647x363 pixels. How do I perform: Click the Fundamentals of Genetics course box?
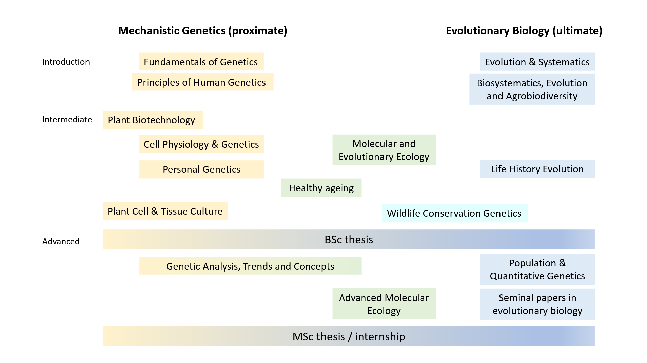click(x=201, y=61)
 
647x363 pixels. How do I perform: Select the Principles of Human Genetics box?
click(x=202, y=82)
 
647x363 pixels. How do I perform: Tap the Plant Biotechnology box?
click(x=153, y=120)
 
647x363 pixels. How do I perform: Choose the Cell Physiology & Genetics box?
click(x=201, y=144)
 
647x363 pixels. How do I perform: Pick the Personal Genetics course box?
click(x=201, y=169)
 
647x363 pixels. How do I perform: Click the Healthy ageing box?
click(x=321, y=188)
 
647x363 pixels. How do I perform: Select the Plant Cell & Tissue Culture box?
click(x=165, y=211)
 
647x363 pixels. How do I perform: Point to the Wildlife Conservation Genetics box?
click(x=455, y=213)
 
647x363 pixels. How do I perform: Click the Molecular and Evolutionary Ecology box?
click(x=384, y=150)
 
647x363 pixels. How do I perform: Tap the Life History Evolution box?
click(x=537, y=169)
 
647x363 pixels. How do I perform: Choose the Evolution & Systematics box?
click(x=537, y=62)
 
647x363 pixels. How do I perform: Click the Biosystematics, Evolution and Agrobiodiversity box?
click(x=532, y=89)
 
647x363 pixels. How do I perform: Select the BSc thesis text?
click(x=349, y=240)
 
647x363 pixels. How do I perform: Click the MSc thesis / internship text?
click(x=349, y=336)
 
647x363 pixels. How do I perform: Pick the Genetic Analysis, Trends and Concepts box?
click(x=250, y=266)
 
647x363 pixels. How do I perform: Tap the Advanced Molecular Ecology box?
click(x=384, y=304)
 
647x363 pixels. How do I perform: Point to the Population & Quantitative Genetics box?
click(x=537, y=270)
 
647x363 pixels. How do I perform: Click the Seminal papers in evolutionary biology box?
click(x=537, y=304)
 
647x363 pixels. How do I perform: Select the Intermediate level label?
click(x=67, y=120)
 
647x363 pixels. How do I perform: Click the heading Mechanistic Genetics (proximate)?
click(x=203, y=31)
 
